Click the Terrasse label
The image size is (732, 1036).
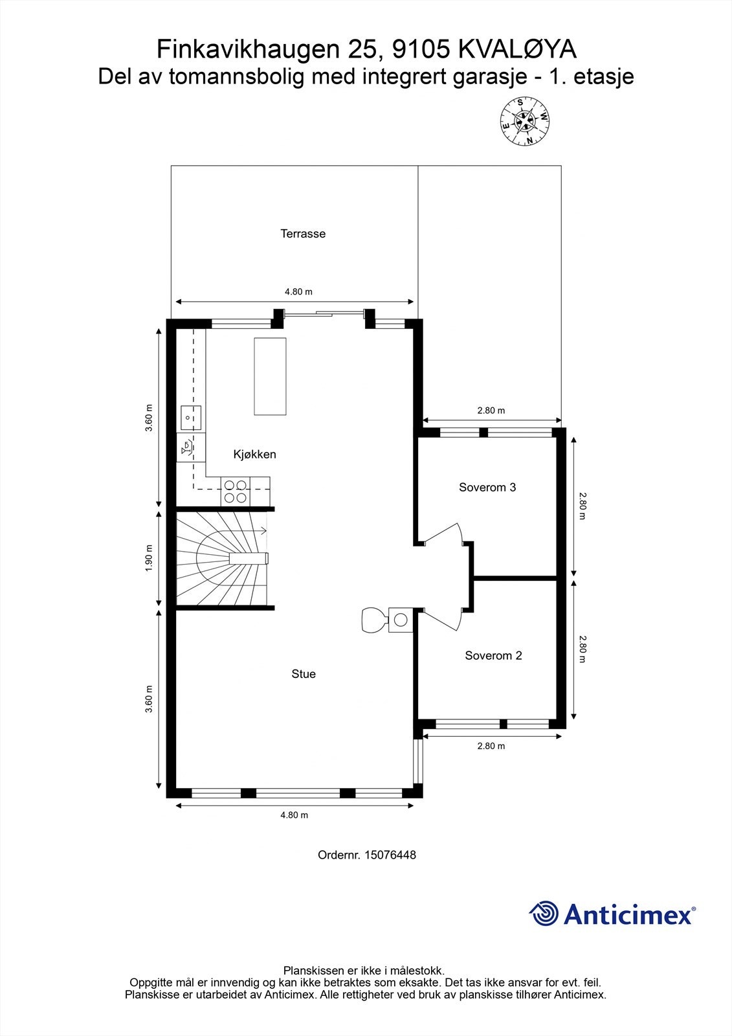click(303, 234)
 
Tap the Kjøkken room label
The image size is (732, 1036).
click(255, 455)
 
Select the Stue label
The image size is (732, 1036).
click(304, 674)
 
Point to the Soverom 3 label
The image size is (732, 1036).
click(487, 487)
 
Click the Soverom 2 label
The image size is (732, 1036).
click(493, 655)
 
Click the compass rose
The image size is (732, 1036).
click(525, 122)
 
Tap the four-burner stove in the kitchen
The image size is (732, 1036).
click(236, 491)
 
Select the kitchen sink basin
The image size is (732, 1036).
click(191, 418)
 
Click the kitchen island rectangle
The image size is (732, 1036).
click(270, 376)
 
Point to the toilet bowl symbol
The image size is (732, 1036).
click(375, 619)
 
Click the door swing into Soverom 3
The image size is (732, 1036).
click(444, 534)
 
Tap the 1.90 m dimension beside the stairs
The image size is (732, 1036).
click(148, 558)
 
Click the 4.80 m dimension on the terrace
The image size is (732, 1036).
click(298, 292)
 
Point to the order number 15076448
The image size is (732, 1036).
click(367, 855)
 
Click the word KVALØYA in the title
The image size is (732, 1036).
click(517, 49)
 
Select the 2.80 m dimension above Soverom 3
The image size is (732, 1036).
click(491, 411)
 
